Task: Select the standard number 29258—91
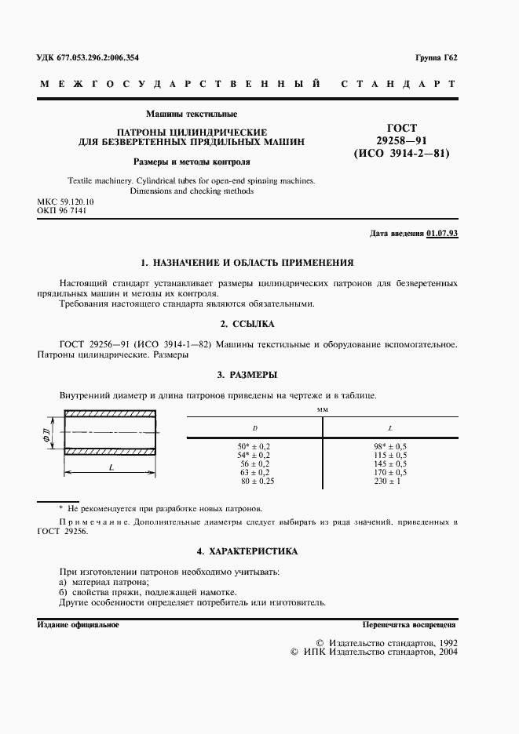tap(402, 140)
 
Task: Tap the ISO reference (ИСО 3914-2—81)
tap(402, 154)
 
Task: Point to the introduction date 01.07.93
tap(443, 234)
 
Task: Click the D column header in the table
tap(254, 428)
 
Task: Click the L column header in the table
tap(390, 428)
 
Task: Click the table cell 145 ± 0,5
tap(390, 463)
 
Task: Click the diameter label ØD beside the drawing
tap(46, 434)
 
